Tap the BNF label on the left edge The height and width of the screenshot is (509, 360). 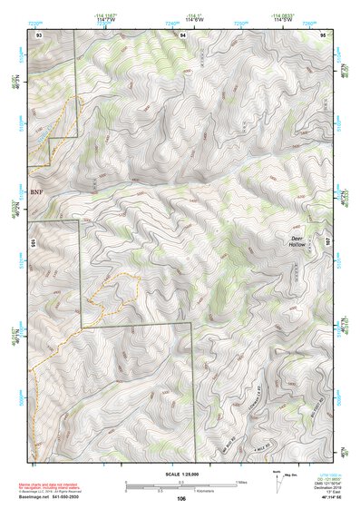pyautogui.click(x=36, y=191)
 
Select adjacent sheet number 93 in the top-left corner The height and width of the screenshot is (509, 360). pyautogui.click(x=38, y=33)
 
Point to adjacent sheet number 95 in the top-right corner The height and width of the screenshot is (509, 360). pyautogui.click(x=324, y=33)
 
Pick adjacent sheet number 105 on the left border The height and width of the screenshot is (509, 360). pyautogui.click(x=32, y=242)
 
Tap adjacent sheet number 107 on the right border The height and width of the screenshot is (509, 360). pyautogui.click(x=329, y=242)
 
